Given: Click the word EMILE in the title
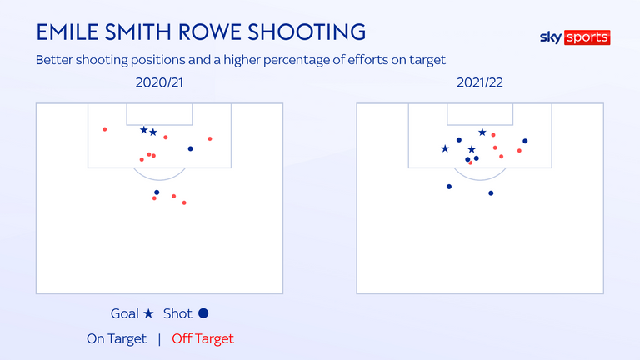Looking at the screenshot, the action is point(67,32).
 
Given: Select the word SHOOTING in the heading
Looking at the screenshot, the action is point(307,32).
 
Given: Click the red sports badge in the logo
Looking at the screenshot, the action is point(587,37).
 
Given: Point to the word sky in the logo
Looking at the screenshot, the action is point(551,37).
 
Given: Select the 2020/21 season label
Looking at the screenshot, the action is point(159,82).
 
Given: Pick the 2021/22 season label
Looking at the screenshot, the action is point(480,82).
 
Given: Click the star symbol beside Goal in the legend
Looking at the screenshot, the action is point(148,313).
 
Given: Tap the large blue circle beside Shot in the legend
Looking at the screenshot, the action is point(203,313).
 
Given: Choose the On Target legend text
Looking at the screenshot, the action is point(117,339).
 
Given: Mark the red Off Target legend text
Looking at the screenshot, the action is point(202,339).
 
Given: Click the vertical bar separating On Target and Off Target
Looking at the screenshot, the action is point(159,339).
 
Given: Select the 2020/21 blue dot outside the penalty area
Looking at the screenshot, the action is point(157,192).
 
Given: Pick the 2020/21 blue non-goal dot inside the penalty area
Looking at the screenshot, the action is point(190,148).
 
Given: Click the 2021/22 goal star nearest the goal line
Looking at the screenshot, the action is point(482,132).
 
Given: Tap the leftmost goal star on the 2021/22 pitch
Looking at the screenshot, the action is point(445,148).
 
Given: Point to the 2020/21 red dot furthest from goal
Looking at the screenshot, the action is point(184,202).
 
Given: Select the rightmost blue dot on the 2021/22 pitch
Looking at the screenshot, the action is point(525,141).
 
